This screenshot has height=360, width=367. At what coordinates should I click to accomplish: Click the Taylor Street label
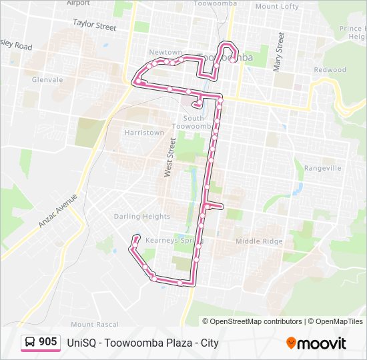[94, 25]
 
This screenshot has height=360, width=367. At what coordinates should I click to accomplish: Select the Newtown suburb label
[165, 52]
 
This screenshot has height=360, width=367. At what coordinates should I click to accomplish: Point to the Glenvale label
[47, 79]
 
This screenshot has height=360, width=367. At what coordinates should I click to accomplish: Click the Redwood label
[330, 70]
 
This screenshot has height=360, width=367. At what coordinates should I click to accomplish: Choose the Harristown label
[143, 133]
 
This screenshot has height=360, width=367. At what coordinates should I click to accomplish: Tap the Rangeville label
[322, 169]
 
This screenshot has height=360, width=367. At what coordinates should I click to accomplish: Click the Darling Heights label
[141, 217]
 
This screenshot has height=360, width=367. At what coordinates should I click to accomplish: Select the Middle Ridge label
[259, 241]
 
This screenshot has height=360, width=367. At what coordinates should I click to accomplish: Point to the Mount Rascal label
[98, 324]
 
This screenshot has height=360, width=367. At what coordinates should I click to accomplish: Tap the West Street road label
[169, 157]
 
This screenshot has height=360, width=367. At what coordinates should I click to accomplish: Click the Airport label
[78, 3]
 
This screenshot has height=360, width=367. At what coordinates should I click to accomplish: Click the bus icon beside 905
[30, 342]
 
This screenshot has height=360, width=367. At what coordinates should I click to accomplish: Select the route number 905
[47, 342]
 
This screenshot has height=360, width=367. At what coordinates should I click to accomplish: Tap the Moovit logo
[316, 343]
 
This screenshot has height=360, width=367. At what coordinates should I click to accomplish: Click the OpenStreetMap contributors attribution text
[252, 321]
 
